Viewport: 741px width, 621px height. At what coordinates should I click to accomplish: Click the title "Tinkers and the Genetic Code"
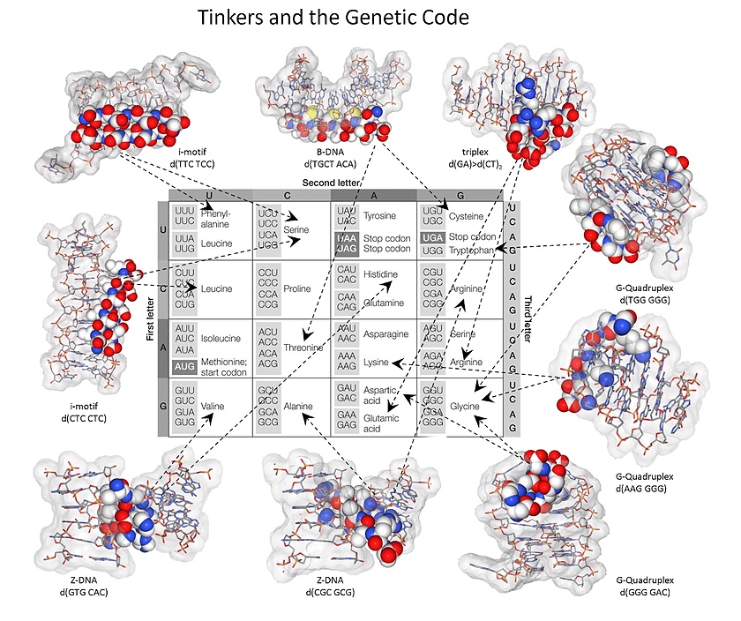pyautogui.click(x=333, y=17)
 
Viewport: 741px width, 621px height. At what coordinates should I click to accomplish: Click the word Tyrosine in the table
pyautogui.click(x=380, y=215)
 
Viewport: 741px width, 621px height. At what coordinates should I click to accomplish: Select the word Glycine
pyautogui.click(x=464, y=407)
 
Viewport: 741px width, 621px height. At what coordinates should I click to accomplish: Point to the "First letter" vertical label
pyautogui.click(x=151, y=318)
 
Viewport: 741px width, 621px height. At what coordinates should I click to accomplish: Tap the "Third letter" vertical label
pyautogui.click(x=528, y=318)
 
